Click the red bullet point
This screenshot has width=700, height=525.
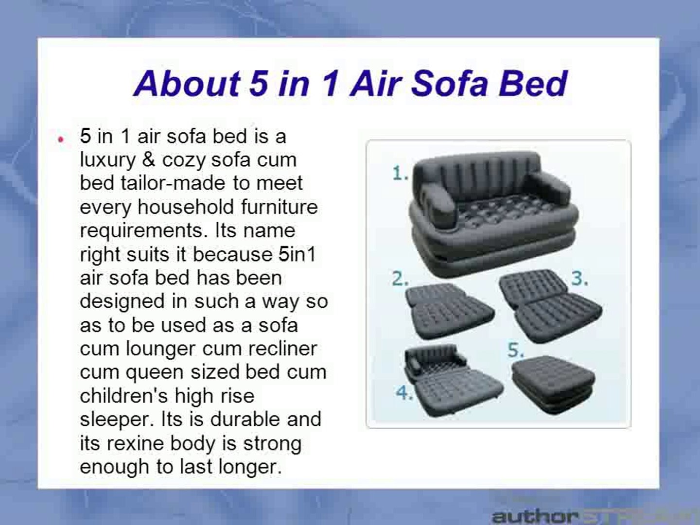pos(61,140)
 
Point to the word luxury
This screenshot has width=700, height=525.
pos(108,160)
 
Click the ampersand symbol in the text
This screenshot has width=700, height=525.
pos(149,159)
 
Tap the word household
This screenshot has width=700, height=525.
pos(186,207)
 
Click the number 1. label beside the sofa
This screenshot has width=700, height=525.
pos(400,174)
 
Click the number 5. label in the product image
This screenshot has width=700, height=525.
pos(516,350)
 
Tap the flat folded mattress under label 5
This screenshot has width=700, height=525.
pos(553,385)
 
